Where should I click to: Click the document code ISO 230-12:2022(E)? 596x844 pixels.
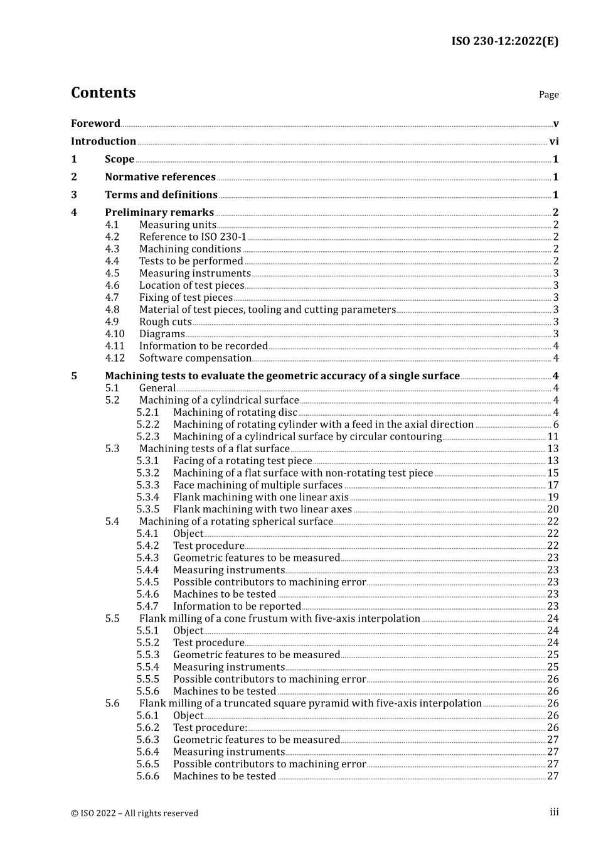(504, 41)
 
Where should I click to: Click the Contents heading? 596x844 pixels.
(104, 93)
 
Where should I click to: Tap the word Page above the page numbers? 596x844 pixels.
(548, 95)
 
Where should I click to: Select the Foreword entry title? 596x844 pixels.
(95, 124)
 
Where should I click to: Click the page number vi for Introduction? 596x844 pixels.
(554, 141)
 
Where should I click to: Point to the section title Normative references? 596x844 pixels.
(160, 177)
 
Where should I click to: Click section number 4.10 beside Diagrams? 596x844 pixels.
(115, 334)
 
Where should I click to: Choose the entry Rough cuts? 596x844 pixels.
(165, 322)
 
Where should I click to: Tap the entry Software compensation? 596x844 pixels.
(195, 359)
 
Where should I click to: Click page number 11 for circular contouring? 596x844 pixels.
(553, 436)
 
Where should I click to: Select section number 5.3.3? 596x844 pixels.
(148, 485)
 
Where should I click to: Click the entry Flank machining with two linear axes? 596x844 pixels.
(262, 509)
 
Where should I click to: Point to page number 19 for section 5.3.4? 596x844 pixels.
(553, 497)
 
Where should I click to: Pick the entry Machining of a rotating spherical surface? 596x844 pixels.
(235, 522)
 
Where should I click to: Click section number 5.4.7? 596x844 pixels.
(148, 607)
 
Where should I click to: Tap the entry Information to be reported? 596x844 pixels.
(237, 607)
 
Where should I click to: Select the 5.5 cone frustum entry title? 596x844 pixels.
(279, 619)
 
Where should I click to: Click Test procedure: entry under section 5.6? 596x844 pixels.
(210, 728)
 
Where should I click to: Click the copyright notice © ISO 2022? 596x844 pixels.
(134, 813)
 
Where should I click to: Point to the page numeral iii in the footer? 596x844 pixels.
(554, 812)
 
